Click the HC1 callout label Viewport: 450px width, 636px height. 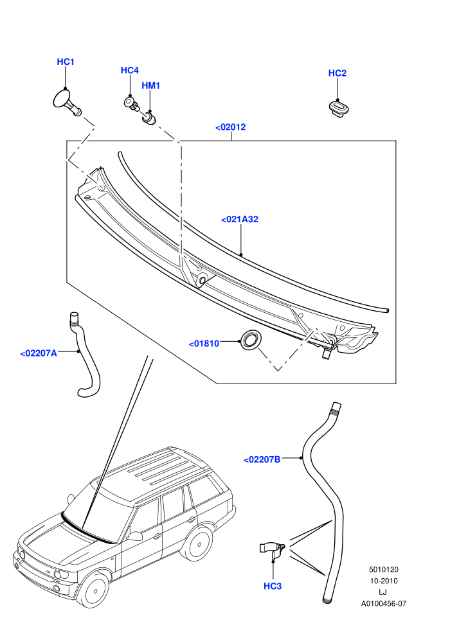pyautogui.click(x=66, y=62)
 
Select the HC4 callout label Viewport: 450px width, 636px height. pyautogui.click(x=130, y=71)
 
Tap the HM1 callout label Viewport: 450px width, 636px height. pyautogui.click(x=150, y=85)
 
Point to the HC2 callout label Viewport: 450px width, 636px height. pyautogui.click(x=337, y=73)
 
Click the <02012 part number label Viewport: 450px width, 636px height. pyautogui.click(x=231, y=127)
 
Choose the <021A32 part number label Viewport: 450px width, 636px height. pyautogui.click(x=240, y=220)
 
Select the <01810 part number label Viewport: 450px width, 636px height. pyautogui.click(x=204, y=344)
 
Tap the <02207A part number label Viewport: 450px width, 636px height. pyautogui.click(x=39, y=353)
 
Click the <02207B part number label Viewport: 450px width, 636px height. pyautogui.click(x=262, y=459)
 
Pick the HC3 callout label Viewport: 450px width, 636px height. pyautogui.click(x=273, y=586)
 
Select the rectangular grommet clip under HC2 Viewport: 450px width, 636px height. pyautogui.click(x=339, y=109)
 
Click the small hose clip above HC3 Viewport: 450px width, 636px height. pyautogui.click(x=272, y=550)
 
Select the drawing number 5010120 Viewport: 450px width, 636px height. pyautogui.click(x=383, y=569)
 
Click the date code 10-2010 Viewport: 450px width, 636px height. pyautogui.click(x=383, y=581)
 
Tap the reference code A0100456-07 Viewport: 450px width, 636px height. pyautogui.click(x=383, y=603)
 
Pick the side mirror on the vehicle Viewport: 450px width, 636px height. pyautogui.click(x=135, y=536)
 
